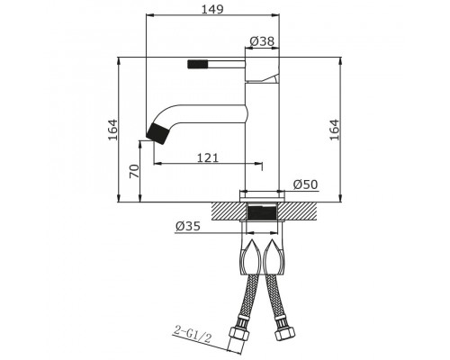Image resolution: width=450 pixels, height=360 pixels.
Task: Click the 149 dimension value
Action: (212, 9)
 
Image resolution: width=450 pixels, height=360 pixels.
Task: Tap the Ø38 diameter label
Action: (262, 41)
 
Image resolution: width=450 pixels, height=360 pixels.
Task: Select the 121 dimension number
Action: (208, 157)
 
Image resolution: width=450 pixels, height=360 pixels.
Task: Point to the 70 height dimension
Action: (135, 171)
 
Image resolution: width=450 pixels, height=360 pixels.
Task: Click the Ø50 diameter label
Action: (305, 184)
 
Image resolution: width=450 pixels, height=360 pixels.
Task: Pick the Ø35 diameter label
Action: (188, 226)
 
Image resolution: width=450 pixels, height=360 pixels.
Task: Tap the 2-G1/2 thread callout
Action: (193, 335)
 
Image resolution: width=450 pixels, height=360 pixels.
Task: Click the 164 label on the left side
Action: (113, 130)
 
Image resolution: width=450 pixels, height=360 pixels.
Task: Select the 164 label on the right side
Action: (334, 130)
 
